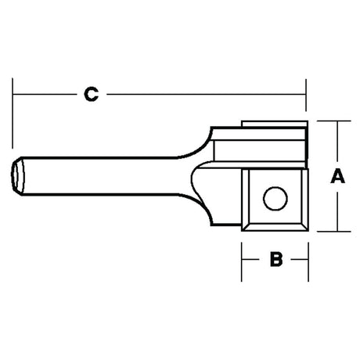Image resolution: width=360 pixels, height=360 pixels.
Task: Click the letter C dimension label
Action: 92,94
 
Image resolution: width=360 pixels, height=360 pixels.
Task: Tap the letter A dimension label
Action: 337,176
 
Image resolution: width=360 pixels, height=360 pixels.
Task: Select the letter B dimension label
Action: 276,259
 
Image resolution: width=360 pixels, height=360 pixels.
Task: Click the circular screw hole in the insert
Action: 275,198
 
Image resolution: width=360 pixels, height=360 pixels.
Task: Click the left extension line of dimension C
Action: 13,113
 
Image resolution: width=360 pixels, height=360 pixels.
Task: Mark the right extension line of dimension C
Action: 306,95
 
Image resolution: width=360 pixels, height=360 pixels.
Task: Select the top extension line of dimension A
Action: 333,121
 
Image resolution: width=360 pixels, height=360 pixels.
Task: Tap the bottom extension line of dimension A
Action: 333,232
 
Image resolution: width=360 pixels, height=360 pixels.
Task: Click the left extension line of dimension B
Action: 242,262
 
